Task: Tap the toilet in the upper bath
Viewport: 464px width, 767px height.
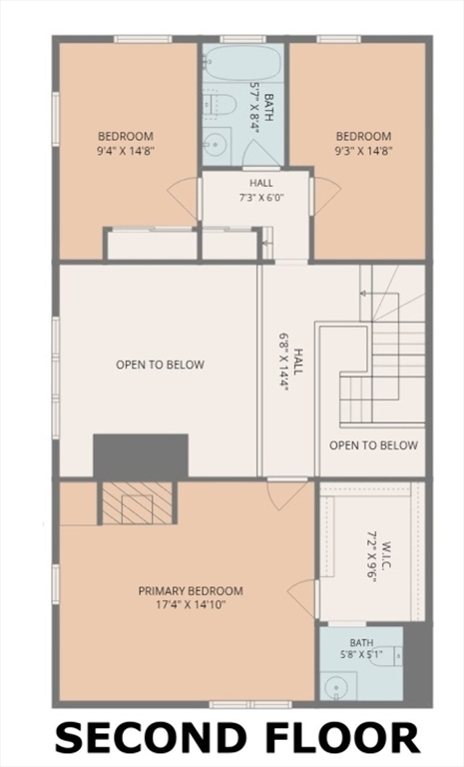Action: tap(220, 104)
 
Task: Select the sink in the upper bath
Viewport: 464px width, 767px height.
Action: tap(217, 144)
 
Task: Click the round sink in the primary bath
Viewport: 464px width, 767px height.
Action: tap(336, 686)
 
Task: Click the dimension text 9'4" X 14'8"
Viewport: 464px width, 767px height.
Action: tap(126, 151)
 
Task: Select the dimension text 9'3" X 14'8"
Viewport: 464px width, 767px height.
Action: tap(363, 151)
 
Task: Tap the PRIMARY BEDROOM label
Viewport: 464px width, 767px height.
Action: tap(191, 591)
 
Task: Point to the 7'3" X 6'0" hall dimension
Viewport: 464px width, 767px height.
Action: tap(261, 198)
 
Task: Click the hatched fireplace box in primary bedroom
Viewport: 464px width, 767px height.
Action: tap(138, 503)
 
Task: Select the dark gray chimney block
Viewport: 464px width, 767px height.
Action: tap(141, 455)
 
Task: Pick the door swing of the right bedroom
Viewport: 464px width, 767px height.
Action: tap(325, 196)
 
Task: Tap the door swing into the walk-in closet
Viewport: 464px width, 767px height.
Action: tap(302, 599)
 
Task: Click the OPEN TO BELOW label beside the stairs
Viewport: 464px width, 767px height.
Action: tap(373, 445)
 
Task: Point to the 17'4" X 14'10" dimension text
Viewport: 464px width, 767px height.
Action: tap(191, 605)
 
